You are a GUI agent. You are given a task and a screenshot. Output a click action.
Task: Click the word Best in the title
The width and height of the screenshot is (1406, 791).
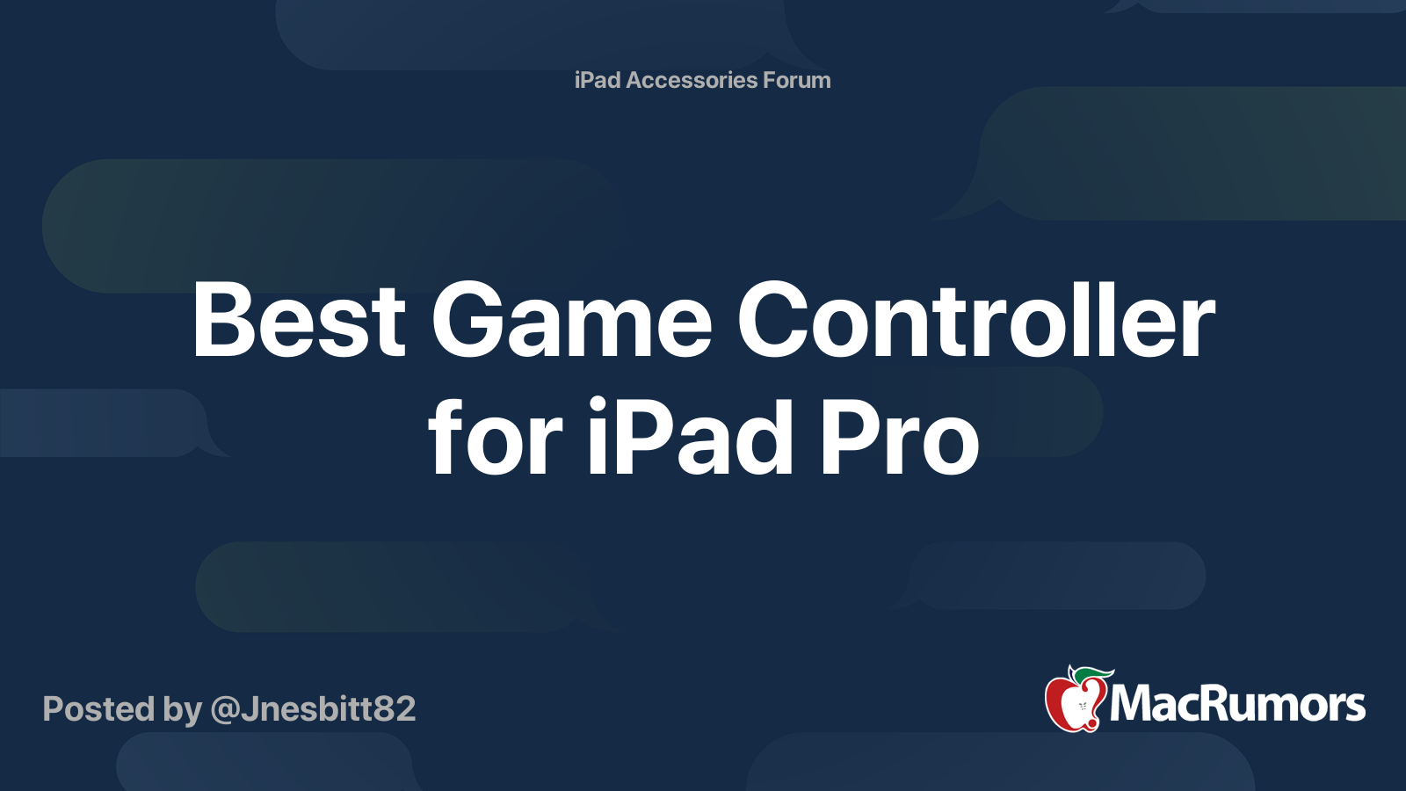click(299, 321)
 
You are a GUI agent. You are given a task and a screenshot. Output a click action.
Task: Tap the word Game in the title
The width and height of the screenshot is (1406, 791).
click(571, 321)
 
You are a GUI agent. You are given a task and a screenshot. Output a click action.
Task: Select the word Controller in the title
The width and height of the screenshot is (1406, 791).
click(975, 321)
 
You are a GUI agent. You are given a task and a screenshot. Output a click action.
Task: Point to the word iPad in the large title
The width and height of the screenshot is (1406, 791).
click(691, 438)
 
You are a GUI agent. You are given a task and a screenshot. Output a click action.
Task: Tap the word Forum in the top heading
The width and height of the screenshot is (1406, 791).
click(796, 80)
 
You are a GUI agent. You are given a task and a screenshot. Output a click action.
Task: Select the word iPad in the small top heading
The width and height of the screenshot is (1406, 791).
click(598, 80)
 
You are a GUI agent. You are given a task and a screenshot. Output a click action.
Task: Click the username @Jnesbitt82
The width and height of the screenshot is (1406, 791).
click(313, 709)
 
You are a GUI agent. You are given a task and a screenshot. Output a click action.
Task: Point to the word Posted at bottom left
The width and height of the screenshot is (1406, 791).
click(98, 709)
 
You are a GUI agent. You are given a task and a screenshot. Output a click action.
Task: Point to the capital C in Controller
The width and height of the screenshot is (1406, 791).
click(773, 321)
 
